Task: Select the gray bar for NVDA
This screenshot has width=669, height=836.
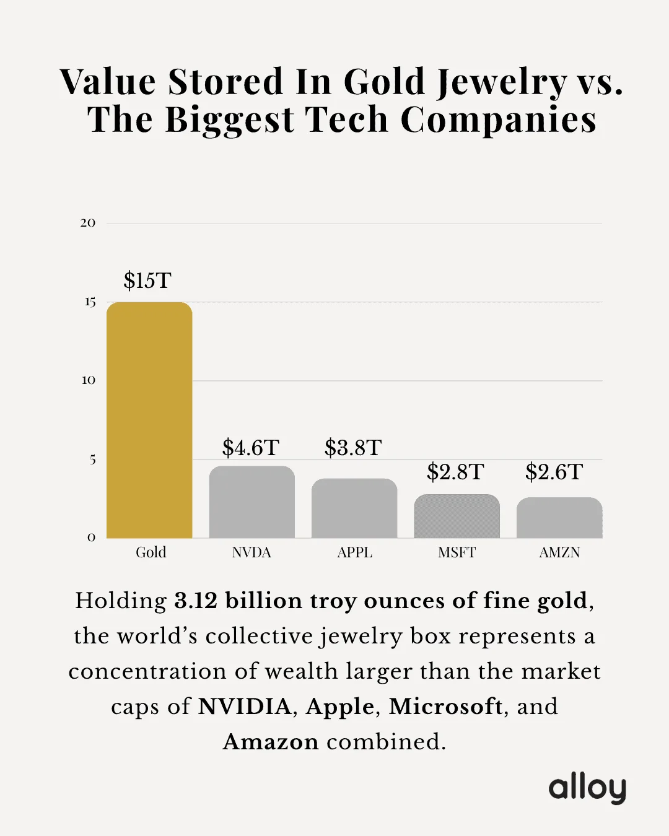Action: tap(251, 502)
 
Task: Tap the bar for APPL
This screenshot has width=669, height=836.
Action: tap(354, 508)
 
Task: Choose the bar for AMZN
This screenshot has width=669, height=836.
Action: tap(559, 518)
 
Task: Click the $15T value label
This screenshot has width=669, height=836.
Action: tap(147, 281)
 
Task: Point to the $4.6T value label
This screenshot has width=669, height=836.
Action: tap(251, 448)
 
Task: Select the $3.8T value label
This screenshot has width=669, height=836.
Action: tap(353, 448)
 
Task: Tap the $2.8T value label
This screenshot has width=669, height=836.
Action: tap(455, 472)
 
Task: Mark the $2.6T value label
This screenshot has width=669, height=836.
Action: tap(554, 472)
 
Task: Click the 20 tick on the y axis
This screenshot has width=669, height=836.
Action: tap(88, 223)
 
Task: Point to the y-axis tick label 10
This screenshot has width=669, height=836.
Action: tap(89, 380)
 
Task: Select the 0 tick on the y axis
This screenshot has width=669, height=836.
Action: tap(92, 538)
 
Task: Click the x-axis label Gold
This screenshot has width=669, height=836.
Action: tap(151, 552)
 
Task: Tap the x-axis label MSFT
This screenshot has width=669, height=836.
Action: tap(457, 552)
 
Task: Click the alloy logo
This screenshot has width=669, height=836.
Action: tap(587, 788)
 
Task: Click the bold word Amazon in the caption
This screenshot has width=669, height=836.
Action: tap(271, 742)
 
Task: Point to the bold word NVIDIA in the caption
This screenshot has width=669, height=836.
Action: tap(245, 707)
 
